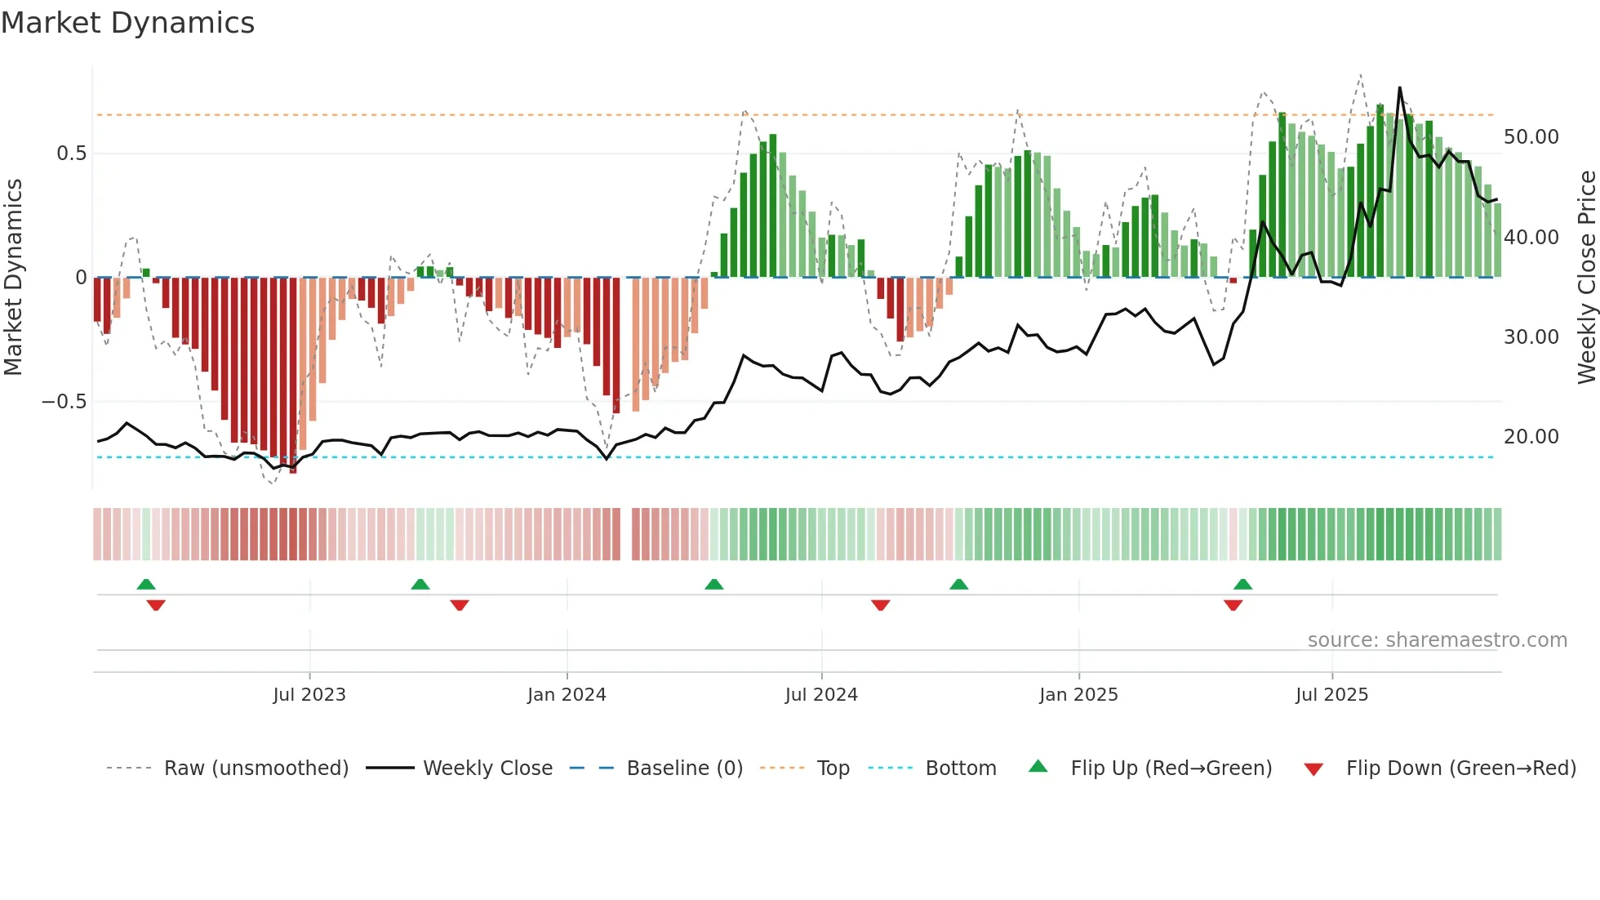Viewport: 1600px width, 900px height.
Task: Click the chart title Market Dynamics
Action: click(127, 23)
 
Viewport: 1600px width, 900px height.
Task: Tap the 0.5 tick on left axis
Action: click(71, 154)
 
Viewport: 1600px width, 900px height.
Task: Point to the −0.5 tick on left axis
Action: click(64, 402)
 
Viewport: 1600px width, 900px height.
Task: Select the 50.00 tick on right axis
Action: click(1531, 137)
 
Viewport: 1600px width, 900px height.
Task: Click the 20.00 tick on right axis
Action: click(1531, 437)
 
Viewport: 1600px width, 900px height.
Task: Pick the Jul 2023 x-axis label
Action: click(309, 695)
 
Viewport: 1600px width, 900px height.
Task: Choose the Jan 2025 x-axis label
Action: click(1078, 695)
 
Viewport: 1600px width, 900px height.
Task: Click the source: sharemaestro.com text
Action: click(1437, 640)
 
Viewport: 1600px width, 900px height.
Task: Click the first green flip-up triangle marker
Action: click(146, 585)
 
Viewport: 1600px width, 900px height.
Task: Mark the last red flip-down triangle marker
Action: click(1233, 604)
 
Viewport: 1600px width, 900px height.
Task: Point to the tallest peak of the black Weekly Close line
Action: click(1399, 88)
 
